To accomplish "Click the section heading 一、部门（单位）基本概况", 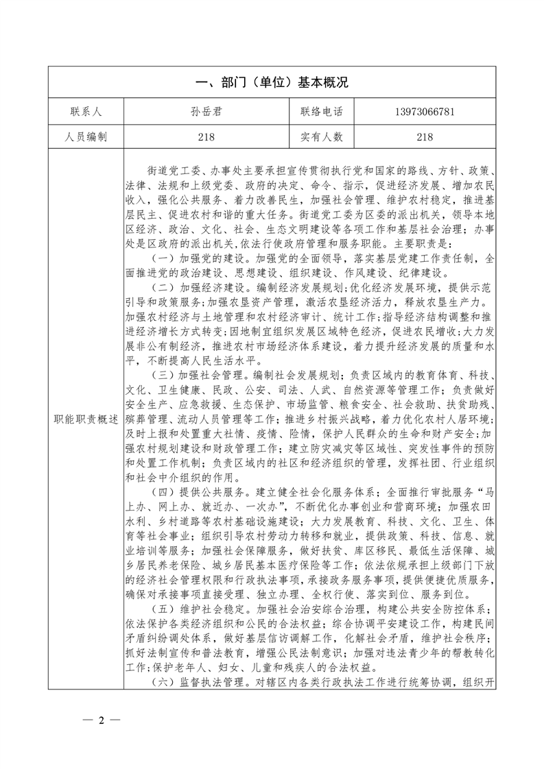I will [x=272, y=83].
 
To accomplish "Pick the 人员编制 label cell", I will [x=85, y=137].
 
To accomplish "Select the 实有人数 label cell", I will [x=321, y=137].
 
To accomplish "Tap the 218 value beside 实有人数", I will [x=424, y=137].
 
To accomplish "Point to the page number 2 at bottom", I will [x=101, y=720].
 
